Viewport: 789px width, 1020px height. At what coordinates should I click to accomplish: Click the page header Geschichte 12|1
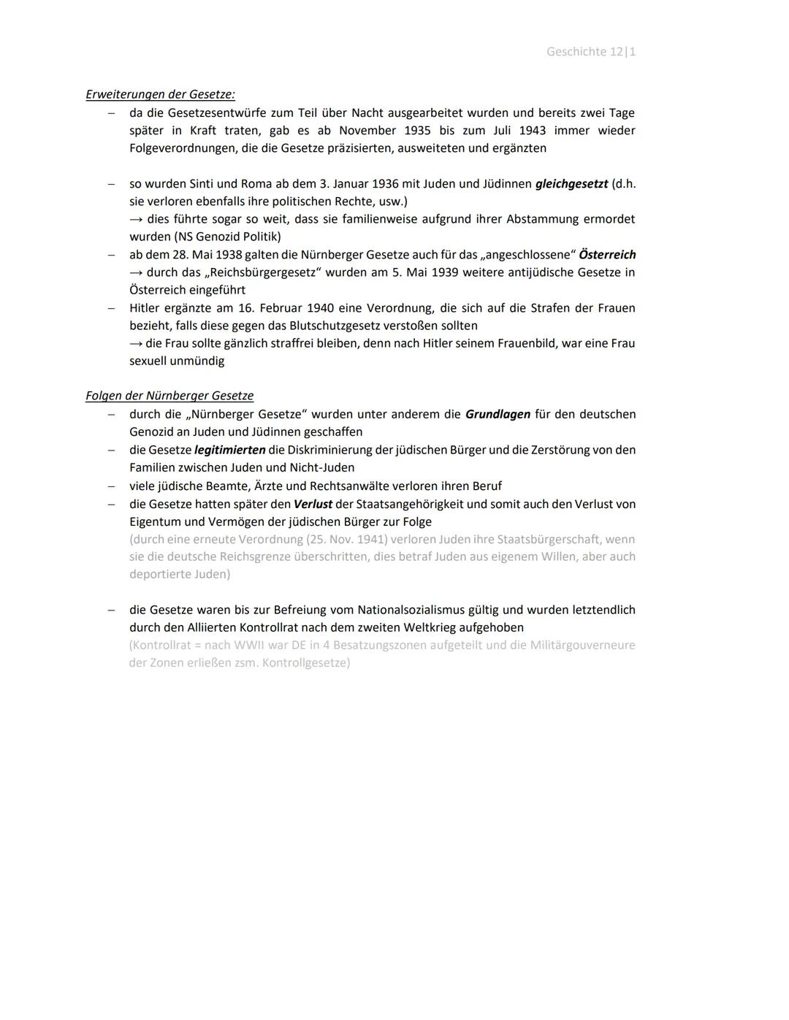(590, 52)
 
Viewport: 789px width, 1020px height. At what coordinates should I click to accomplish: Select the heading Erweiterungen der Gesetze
(160, 94)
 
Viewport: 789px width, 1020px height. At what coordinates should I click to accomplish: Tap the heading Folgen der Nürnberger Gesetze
(169, 396)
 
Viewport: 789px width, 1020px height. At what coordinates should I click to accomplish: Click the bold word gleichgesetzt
(571, 184)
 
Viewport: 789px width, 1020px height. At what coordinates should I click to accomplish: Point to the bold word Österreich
(606, 255)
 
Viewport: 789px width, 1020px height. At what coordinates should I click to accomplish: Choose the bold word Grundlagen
(498, 415)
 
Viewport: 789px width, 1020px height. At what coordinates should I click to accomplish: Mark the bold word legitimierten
(229, 450)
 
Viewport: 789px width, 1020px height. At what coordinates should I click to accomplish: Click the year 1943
(533, 131)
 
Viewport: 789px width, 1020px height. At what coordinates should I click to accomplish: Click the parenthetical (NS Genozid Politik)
(205, 237)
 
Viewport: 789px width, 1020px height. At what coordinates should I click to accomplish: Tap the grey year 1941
(372, 540)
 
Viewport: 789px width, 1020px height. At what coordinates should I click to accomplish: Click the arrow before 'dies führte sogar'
(137, 219)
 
